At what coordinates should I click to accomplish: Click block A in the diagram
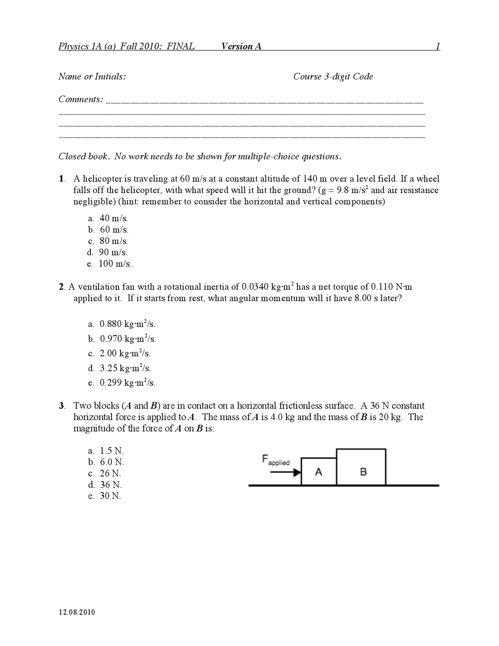click(x=319, y=472)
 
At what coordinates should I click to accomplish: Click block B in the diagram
click(x=361, y=467)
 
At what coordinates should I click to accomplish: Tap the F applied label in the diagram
click(x=276, y=460)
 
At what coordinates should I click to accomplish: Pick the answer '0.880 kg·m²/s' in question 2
click(x=127, y=324)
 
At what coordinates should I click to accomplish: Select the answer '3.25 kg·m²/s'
click(x=125, y=368)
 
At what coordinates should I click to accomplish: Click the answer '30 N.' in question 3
click(x=110, y=496)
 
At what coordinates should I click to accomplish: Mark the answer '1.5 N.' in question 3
click(x=111, y=451)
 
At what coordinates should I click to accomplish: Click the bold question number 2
click(x=62, y=287)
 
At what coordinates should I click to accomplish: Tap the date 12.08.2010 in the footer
click(x=77, y=612)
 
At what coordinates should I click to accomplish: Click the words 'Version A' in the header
click(x=241, y=46)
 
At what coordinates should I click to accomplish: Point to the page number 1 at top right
click(x=438, y=46)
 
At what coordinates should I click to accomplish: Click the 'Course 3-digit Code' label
click(x=333, y=76)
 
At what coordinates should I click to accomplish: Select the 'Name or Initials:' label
click(x=92, y=76)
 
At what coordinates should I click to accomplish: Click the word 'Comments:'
click(x=81, y=99)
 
